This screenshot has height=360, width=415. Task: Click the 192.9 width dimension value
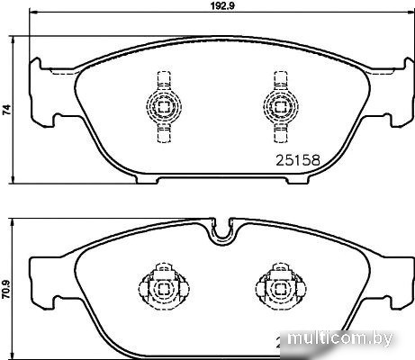click(222, 6)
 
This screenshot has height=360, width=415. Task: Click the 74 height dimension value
click(7, 110)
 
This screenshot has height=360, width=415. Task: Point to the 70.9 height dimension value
click(7, 289)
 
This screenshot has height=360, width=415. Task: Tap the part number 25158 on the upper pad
click(298, 160)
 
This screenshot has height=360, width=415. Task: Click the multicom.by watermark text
click(339, 338)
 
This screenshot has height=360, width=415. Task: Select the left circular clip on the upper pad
click(164, 106)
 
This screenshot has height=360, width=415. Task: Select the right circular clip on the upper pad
click(281, 106)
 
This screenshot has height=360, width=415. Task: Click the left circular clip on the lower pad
click(164, 289)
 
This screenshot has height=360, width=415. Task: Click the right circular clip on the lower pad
click(281, 289)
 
